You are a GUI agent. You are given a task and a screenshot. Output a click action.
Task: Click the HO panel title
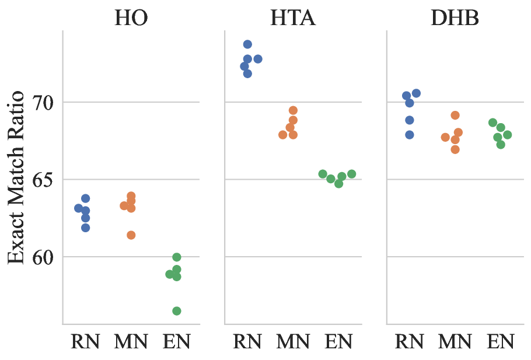[131, 18]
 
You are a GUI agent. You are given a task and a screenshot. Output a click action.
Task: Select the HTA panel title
[293, 18]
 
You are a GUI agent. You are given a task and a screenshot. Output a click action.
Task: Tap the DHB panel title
[455, 18]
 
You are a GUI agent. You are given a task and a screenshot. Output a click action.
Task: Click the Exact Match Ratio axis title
[16, 177]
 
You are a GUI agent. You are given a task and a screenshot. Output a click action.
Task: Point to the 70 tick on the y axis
[43, 102]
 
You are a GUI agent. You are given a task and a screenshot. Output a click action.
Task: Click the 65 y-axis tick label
[43, 180]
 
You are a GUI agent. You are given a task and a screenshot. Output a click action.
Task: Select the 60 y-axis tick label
[43, 257]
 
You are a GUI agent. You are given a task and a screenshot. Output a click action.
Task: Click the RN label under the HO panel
[85, 341]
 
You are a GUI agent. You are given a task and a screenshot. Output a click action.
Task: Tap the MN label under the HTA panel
[293, 341]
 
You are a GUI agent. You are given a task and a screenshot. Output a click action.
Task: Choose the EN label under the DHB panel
[501, 341]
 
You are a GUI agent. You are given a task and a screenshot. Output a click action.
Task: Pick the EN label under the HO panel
[176, 341]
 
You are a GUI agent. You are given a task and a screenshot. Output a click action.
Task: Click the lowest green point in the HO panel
[177, 311]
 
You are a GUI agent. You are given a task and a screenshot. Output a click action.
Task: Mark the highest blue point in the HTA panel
[247, 44]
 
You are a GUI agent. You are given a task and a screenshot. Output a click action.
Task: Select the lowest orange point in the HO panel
[131, 235]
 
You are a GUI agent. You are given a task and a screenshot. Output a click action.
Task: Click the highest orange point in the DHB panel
[455, 115]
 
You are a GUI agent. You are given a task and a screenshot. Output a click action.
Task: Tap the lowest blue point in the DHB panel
[410, 135]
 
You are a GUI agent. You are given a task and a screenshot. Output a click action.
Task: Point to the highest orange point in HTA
[294, 110]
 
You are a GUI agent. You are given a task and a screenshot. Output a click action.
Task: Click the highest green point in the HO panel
[177, 257]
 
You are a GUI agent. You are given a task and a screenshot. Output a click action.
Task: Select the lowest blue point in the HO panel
[85, 228]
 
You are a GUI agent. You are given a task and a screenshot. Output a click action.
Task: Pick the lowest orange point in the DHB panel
[455, 149]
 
